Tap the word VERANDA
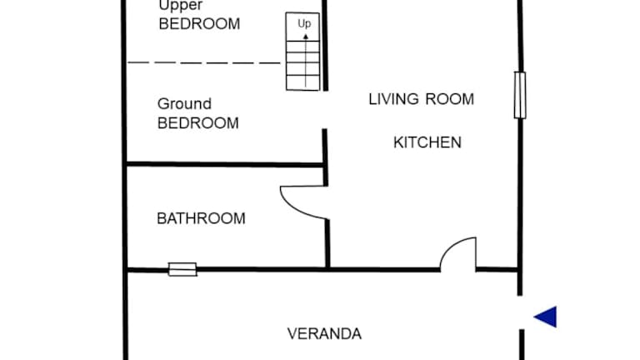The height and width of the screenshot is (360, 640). coord(324,334)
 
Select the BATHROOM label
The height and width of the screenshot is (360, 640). coord(201,218)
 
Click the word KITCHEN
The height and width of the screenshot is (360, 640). coord(427,142)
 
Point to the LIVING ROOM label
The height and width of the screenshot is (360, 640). coord(421,99)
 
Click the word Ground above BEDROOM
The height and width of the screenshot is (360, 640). coord(184,104)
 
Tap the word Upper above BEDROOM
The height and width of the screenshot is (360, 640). coord(180,6)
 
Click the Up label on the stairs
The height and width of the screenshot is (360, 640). coord(304,23)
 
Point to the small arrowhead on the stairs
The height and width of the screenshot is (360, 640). coord(305,37)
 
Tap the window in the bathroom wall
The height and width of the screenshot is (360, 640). coord(182,269)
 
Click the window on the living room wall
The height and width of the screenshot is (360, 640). coord(520,95)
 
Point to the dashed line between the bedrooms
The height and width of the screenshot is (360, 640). coord(204,62)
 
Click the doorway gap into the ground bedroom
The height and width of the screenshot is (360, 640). coord(325,110)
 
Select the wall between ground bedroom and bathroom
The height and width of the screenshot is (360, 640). coord(225,164)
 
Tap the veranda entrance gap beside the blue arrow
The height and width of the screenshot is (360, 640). coord(521,312)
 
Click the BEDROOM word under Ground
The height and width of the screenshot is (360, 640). coord(198,123)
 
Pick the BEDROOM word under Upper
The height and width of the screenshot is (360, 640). coord(199,24)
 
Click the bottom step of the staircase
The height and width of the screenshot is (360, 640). coord(302,82)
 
